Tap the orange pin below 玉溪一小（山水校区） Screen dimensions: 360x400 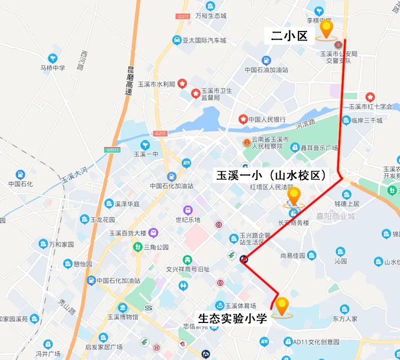(294, 196)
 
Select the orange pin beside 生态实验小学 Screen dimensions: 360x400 (282, 306)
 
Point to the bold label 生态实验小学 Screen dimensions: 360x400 (233, 317)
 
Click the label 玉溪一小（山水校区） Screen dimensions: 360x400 (271, 175)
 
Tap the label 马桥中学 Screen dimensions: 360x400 (53, 69)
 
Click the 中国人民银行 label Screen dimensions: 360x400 (267, 119)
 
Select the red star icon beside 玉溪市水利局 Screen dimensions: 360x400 (182, 83)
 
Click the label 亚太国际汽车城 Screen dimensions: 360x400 (204, 40)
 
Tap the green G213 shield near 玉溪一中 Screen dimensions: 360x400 (160, 133)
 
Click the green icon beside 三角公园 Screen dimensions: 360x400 (137, 247)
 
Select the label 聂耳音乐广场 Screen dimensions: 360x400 (318, 148)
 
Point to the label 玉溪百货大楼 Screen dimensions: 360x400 (127, 233)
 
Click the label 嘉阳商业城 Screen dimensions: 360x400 (335, 216)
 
